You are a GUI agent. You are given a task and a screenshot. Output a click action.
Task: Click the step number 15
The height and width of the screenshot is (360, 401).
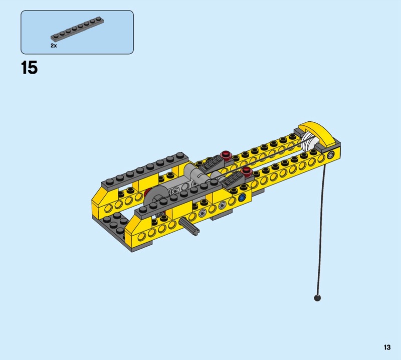coord(29,68)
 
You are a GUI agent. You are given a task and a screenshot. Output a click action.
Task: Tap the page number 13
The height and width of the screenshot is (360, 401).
coord(387,347)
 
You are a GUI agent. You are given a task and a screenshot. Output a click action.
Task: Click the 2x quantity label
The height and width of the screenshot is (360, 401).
coord(54,46)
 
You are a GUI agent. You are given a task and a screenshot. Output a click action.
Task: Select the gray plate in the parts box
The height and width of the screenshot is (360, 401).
coord(77,29)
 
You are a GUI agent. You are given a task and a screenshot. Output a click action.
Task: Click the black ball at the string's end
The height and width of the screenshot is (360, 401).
coord(317,298)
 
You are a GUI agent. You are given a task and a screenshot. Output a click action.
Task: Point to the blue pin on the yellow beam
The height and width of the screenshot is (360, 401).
coord(242,197)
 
